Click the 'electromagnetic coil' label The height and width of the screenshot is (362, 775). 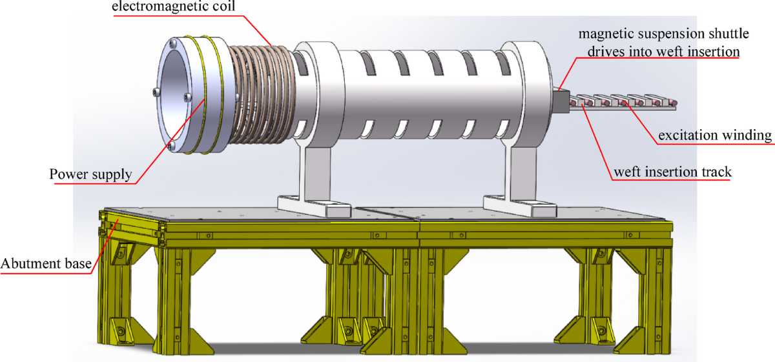pos(173,6)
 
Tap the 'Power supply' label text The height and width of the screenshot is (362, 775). pos(90,174)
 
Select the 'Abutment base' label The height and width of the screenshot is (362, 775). pos(46,263)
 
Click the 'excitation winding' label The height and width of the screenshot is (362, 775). pos(715,136)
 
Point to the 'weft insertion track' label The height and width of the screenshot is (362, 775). pos(672,172)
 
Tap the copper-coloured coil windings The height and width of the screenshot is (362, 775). pos(263,94)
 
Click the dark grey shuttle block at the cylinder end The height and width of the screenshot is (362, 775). pos(561,101)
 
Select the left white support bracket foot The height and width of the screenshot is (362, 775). pos(314,206)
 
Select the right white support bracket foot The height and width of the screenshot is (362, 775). pos(520,206)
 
